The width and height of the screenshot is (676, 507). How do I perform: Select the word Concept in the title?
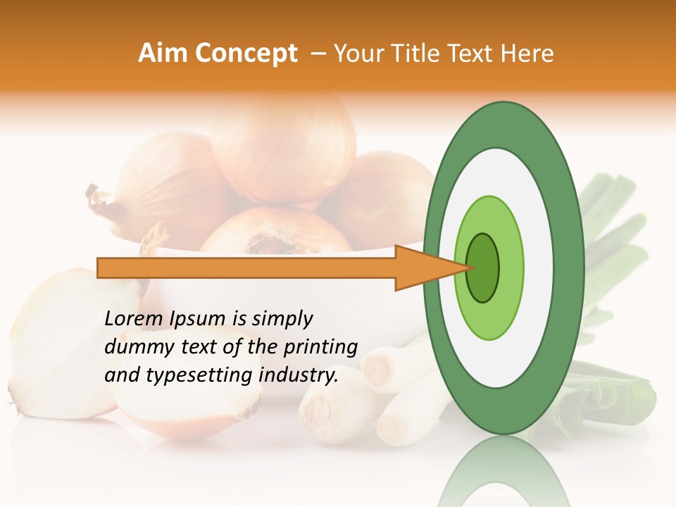point(246,54)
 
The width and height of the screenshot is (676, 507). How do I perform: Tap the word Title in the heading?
point(407,54)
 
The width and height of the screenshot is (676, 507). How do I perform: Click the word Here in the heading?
point(530,54)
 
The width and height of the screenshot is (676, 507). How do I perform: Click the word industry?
point(299,376)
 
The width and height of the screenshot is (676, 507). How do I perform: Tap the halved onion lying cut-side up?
point(187,408)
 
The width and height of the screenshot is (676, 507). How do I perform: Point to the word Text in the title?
point(468,54)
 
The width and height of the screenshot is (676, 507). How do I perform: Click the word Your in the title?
point(357,54)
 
